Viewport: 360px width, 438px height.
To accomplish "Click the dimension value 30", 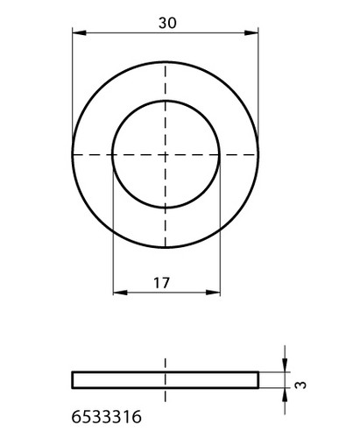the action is click(167, 23).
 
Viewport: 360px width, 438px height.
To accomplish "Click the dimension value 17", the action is click(161, 283).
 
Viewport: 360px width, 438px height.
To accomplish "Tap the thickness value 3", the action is click(301, 385).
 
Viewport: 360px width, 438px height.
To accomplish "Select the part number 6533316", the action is click(107, 417).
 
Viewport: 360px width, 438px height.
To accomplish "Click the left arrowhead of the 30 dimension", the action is click(79, 32).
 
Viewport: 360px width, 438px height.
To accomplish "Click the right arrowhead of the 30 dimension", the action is click(251, 32).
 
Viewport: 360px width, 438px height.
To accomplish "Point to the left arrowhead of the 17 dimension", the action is click(120, 292).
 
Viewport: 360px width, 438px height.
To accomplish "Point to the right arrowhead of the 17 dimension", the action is click(213, 292).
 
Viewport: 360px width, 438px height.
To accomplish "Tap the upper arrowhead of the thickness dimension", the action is click(285, 365).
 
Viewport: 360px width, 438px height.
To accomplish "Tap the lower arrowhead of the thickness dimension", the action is click(285, 395).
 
